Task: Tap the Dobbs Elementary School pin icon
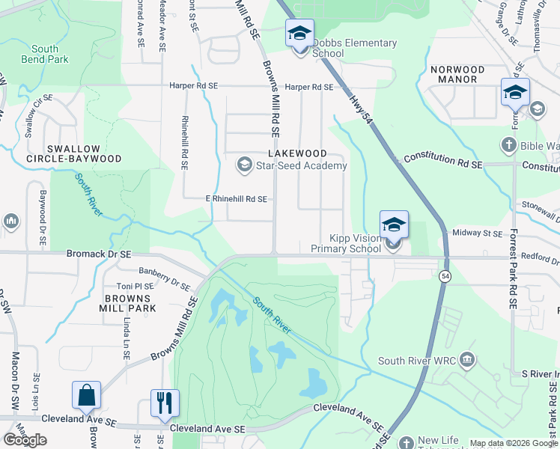point(299,35)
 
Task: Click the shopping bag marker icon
point(86,397)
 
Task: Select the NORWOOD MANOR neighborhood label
point(457,74)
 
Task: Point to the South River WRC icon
point(467,361)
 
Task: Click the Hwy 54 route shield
point(445,277)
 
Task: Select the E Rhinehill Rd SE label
point(236,200)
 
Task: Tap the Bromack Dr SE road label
point(98,254)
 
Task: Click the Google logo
point(25,440)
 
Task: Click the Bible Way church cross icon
point(508,144)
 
